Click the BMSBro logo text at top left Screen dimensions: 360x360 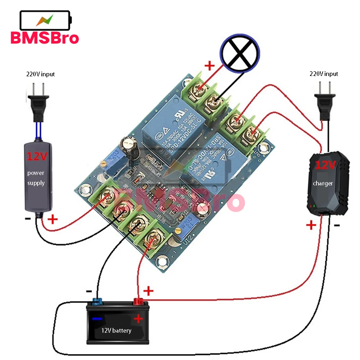[x=45, y=37]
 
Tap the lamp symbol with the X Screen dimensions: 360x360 [x=240, y=53]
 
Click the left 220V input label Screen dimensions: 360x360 [x=40, y=74]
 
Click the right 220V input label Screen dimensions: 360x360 [x=324, y=74]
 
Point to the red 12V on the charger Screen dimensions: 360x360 [x=326, y=165]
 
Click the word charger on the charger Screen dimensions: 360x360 [x=323, y=183]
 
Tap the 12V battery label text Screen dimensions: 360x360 [x=116, y=330]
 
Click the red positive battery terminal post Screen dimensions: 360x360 [x=138, y=301]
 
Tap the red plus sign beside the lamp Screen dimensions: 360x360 [x=209, y=66]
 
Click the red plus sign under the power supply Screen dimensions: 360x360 [x=53, y=219]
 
